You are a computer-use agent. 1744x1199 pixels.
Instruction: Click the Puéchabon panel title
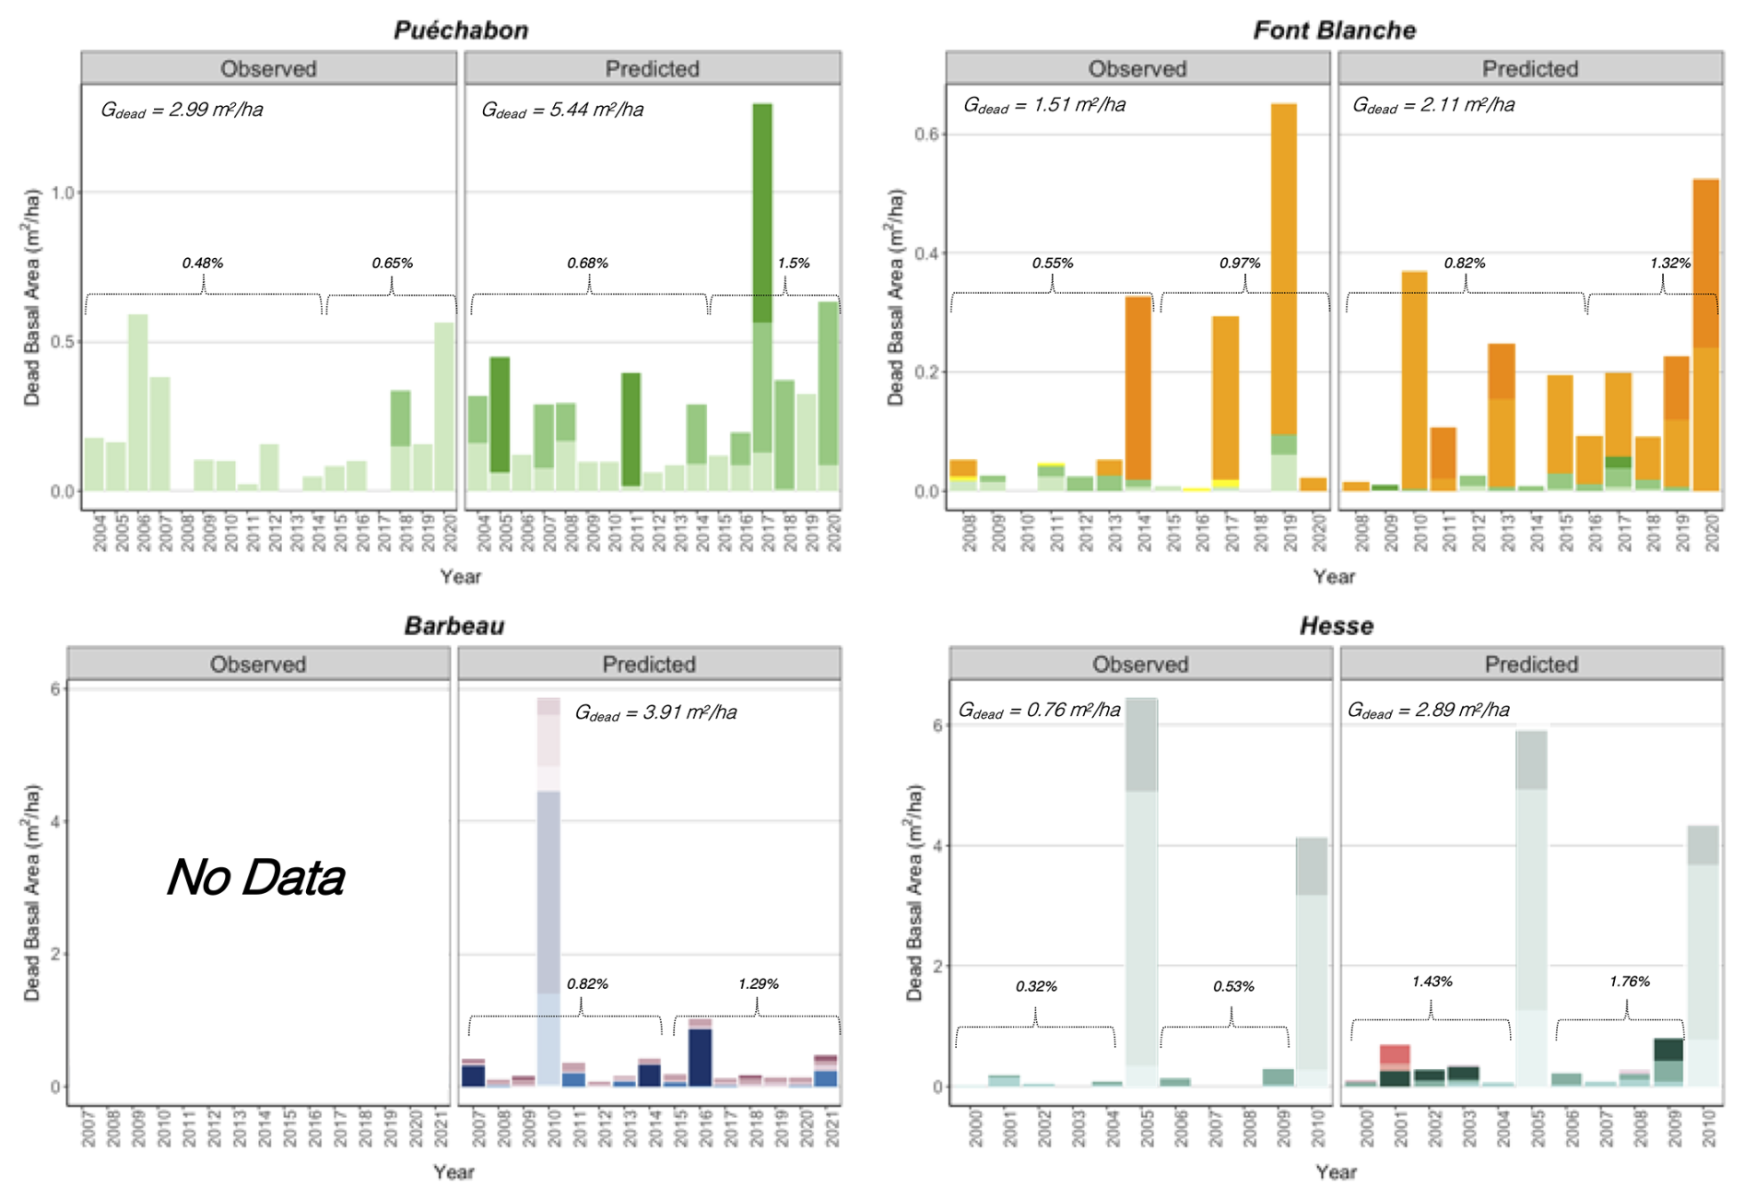click(461, 29)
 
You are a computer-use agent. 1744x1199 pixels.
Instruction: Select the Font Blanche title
click(1334, 29)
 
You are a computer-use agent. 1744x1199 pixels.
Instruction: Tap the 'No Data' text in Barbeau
click(256, 876)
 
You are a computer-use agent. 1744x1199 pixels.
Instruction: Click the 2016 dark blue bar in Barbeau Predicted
click(700, 1056)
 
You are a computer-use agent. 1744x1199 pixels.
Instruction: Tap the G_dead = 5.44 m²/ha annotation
click(562, 110)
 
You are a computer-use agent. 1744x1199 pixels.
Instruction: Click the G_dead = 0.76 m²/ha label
click(1039, 710)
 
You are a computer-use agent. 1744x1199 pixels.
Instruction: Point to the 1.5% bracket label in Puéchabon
click(794, 263)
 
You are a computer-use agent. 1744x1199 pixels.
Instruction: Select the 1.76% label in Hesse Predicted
click(1629, 982)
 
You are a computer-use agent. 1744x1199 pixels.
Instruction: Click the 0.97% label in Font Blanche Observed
click(1240, 263)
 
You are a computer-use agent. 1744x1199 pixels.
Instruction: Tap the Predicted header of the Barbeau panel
click(649, 664)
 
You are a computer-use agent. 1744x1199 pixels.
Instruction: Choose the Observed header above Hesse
click(1140, 664)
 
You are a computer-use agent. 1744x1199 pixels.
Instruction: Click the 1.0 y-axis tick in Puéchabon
click(63, 193)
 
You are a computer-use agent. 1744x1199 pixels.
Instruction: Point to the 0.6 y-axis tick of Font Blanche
click(926, 135)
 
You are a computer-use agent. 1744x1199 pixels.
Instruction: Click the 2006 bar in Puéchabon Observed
click(138, 402)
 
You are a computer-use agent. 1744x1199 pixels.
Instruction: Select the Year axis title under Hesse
click(1336, 1171)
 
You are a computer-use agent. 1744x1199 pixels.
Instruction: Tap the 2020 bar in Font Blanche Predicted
click(1705, 336)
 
